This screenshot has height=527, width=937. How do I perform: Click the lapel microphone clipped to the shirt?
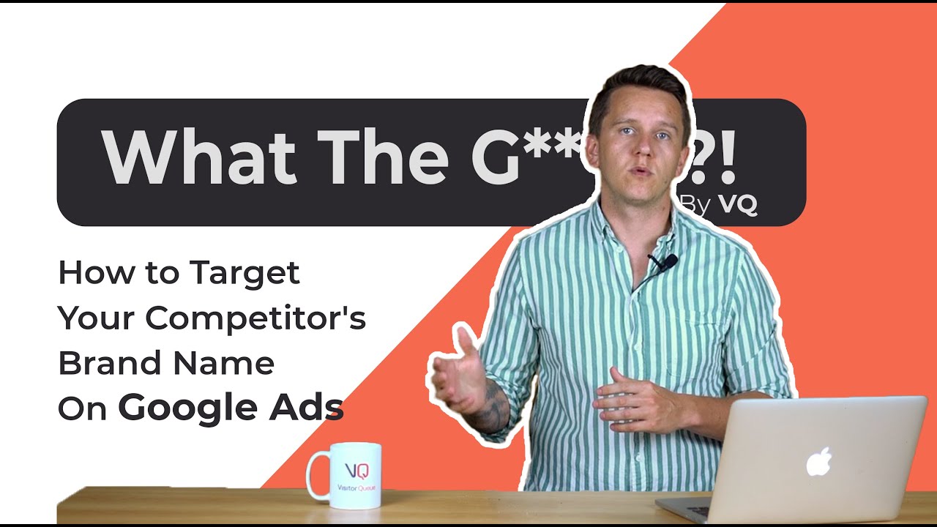point(668,261)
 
